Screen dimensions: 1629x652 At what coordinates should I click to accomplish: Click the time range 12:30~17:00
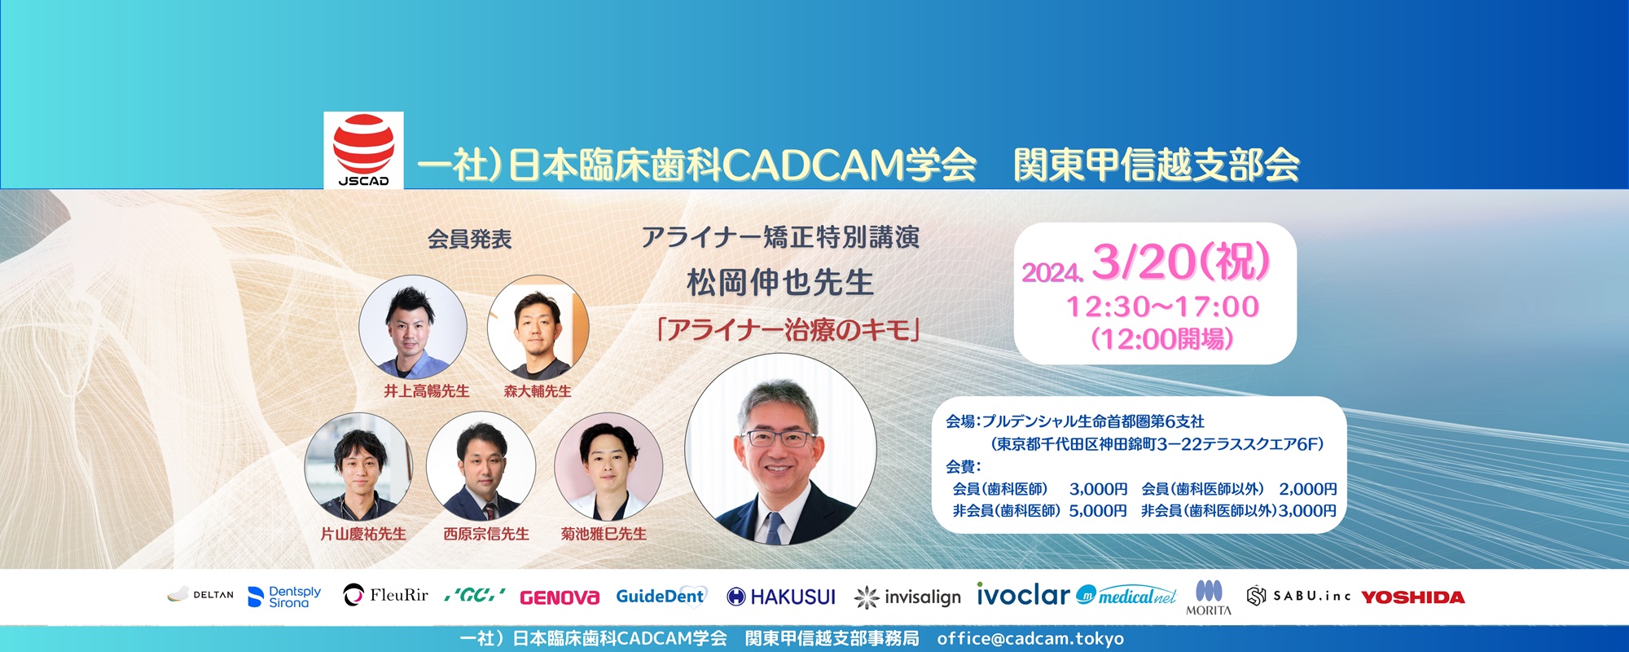coord(1162,306)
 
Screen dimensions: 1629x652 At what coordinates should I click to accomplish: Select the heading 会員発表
coord(469,239)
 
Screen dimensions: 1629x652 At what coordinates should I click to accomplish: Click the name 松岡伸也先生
coord(779,283)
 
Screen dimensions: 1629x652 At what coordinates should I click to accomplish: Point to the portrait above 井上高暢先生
coord(413,328)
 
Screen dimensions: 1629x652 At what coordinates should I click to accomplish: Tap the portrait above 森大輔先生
coord(538,328)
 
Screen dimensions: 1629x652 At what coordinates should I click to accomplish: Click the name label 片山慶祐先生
coord(363,534)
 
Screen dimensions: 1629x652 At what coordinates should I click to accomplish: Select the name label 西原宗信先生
coord(486,534)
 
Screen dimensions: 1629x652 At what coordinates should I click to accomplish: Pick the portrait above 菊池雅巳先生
coord(608,466)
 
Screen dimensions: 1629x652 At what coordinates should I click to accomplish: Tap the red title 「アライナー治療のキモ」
coord(788,330)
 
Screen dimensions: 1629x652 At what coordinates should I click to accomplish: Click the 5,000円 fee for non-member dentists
coord(1098,510)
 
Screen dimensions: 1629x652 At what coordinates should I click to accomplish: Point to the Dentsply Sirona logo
coord(284,597)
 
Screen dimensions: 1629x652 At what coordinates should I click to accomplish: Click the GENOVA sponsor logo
coord(559,597)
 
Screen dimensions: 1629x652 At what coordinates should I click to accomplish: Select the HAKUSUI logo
coord(781,597)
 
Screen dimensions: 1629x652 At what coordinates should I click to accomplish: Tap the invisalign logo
coord(907,597)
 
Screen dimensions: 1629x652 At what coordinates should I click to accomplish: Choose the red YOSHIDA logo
coord(1413,597)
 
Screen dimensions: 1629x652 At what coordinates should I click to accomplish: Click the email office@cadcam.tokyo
coord(1030,639)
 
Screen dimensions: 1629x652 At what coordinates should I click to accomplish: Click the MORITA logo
coord(1209,597)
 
